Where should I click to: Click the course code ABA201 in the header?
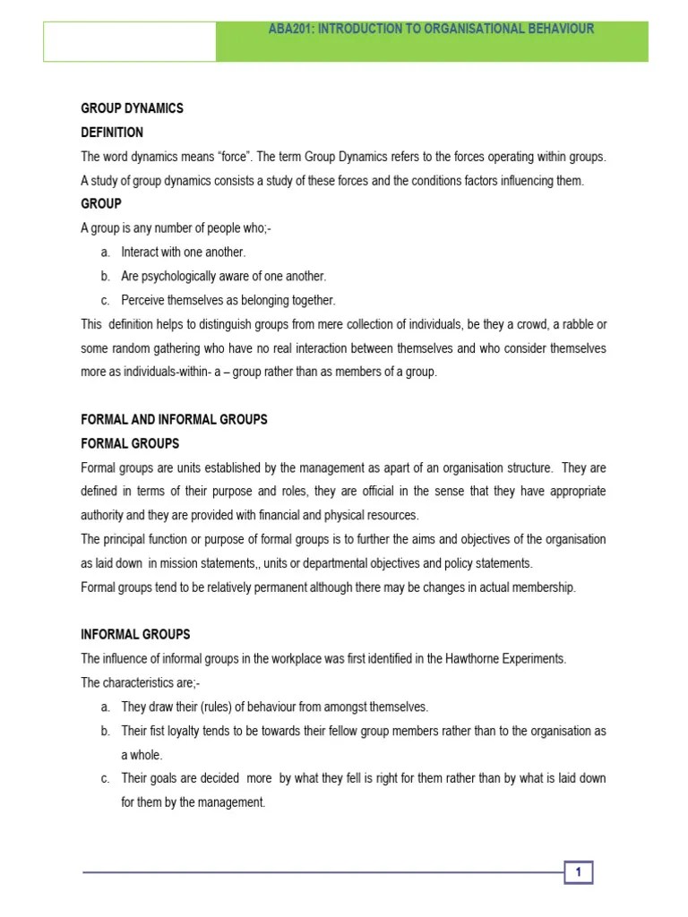click(290, 29)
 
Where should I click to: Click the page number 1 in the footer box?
click(579, 872)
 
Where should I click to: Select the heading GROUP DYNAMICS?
click(132, 108)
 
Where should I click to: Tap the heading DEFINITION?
click(112, 133)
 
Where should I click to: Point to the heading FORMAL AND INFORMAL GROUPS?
click(174, 419)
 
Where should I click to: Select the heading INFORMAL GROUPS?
click(135, 634)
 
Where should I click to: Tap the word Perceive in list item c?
click(144, 300)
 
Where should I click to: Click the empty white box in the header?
click(130, 41)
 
